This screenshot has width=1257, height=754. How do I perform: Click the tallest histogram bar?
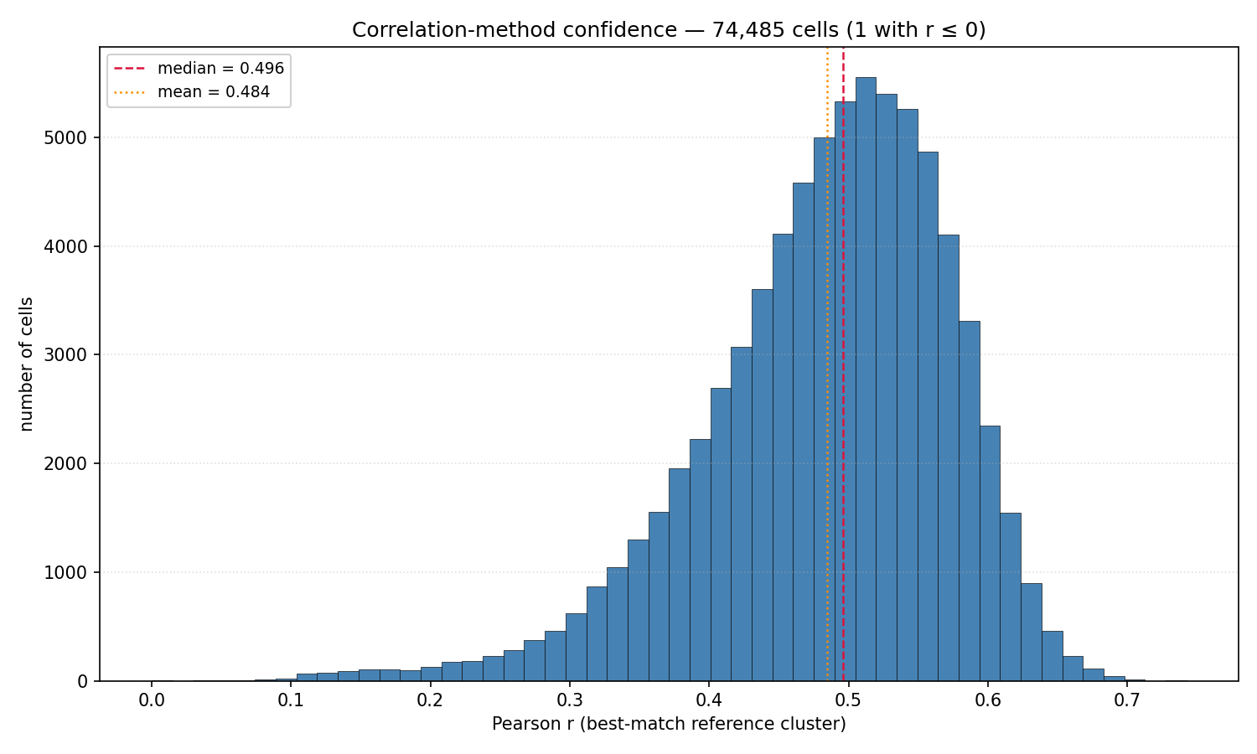tap(866, 380)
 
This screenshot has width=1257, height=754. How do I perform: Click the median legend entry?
tap(199, 69)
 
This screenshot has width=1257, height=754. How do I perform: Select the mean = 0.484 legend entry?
tap(191, 91)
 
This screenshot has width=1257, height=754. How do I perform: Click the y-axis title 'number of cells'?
tap(26, 364)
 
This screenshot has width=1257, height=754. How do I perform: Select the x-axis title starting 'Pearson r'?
tap(669, 725)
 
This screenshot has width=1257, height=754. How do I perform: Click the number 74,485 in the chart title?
tap(748, 29)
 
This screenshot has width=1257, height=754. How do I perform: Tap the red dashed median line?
tap(843, 364)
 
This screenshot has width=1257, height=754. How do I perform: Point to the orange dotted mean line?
tap(827, 364)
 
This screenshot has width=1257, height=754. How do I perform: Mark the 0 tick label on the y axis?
tap(83, 682)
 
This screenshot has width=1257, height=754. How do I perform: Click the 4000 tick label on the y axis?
tap(65, 247)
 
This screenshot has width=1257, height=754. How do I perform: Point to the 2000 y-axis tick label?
tap(65, 464)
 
